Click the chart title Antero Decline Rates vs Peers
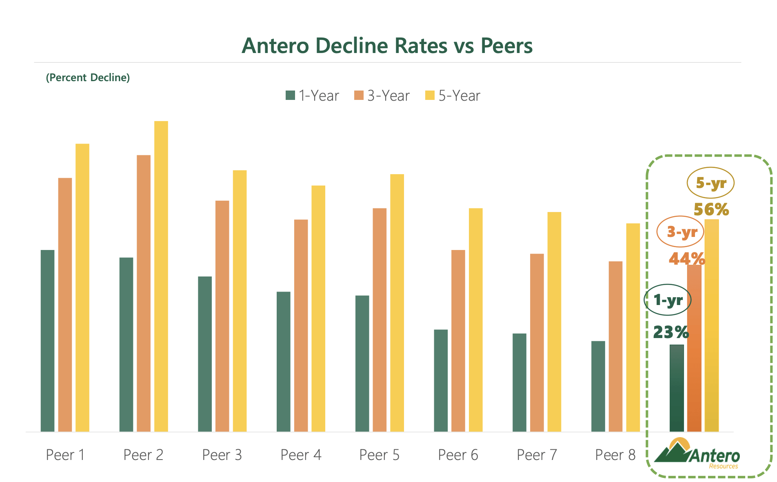(x=387, y=46)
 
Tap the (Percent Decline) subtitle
(x=88, y=77)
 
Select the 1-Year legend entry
(x=313, y=96)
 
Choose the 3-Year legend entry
(x=382, y=96)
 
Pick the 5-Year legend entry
(x=453, y=96)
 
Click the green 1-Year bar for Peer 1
(x=48, y=340)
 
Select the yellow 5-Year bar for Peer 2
(x=161, y=276)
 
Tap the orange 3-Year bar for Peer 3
(x=222, y=316)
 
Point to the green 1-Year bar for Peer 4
(x=284, y=361)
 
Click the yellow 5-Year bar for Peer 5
(x=397, y=303)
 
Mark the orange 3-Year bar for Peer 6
(x=458, y=340)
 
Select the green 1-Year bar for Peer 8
(x=598, y=386)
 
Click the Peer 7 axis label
(x=537, y=455)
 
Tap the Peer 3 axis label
(x=222, y=455)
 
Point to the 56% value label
(x=711, y=210)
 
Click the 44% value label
(x=686, y=259)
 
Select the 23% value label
(x=671, y=332)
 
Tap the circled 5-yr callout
(x=710, y=183)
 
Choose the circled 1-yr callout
(x=668, y=300)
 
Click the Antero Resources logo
(x=697, y=454)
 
